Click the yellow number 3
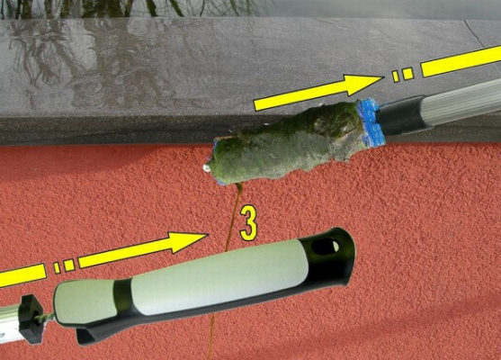pyautogui.click(x=248, y=223)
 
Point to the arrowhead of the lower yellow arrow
pyautogui.click(x=189, y=242)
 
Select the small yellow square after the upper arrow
pyautogui.click(x=407, y=74)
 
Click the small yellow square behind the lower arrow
pyautogui.click(x=69, y=265)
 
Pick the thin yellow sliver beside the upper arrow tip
pyautogui.click(x=396, y=76)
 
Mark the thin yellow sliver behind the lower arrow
pyautogui.click(x=57, y=268)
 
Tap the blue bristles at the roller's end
pyautogui.click(x=371, y=122)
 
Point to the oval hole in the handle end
pyautogui.click(x=326, y=247)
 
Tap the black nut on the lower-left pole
pyautogui.click(x=31, y=319)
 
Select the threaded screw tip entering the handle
pyautogui.click(x=47, y=318)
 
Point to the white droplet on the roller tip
pyautogui.click(x=207, y=166)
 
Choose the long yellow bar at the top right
pyautogui.click(x=461, y=61)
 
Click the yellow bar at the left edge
pyautogui.click(x=22, y=275)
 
